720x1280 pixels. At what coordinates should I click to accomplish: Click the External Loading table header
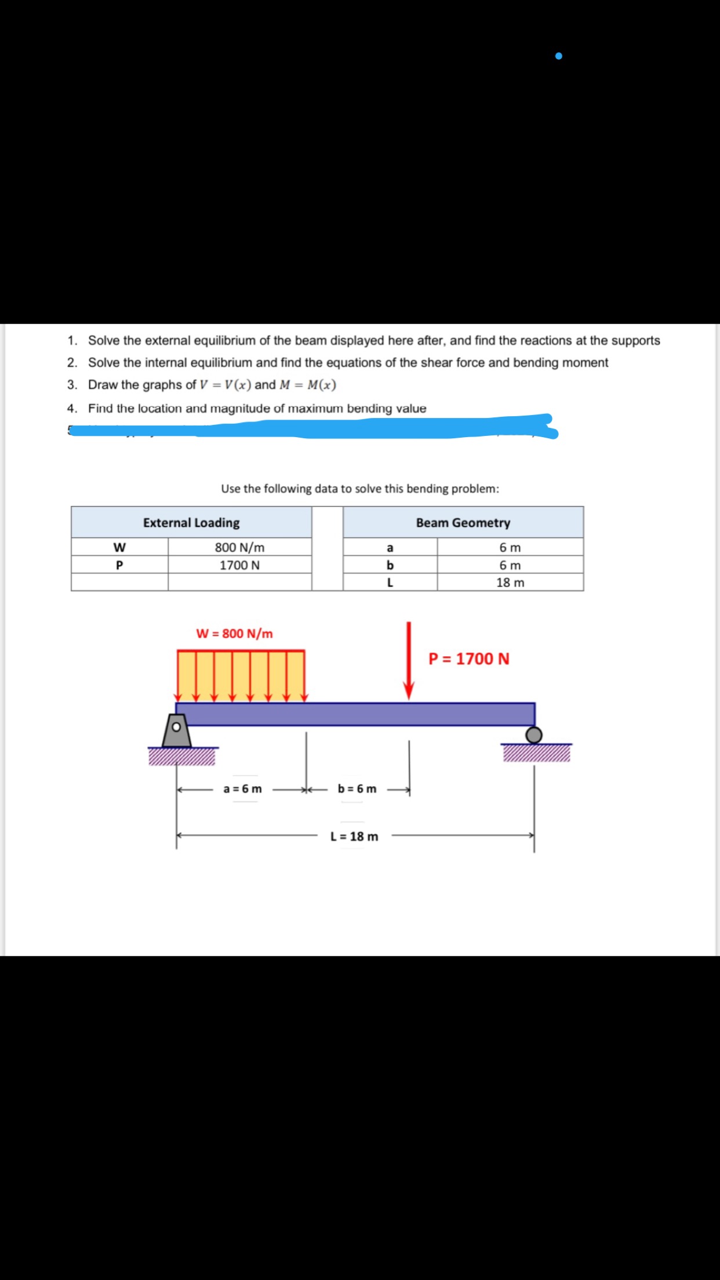pos(191,523)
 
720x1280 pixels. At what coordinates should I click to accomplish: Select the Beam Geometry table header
pos(463,523)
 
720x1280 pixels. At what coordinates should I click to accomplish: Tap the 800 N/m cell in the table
pos(239,547)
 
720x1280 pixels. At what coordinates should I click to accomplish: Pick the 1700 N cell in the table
pos(239,565)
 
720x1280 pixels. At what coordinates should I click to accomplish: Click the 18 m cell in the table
pos(510,583)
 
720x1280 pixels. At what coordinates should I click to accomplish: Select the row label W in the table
pos(119,547)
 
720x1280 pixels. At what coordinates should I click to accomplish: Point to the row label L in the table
pos(390,583)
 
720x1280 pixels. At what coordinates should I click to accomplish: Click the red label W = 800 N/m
pos(234,634)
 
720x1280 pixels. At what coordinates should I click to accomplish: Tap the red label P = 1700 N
pos(469,659)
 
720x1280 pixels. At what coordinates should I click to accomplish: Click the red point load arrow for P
pos(409,661)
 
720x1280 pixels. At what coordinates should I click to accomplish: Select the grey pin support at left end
pos(176,730)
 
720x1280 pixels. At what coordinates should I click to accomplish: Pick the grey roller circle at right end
pos(534,735)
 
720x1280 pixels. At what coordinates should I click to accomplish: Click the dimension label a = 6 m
pos(242,789)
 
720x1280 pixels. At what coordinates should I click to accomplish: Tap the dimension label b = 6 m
pos(357,789)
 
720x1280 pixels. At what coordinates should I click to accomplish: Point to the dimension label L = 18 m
pos(354,837)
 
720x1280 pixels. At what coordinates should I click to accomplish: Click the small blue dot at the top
pos(558,56)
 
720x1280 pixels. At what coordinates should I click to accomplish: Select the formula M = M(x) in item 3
pos(307,385)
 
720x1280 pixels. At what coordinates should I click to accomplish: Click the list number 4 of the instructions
pos(72,409)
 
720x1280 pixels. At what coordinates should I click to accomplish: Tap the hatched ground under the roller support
pos(537,753)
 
